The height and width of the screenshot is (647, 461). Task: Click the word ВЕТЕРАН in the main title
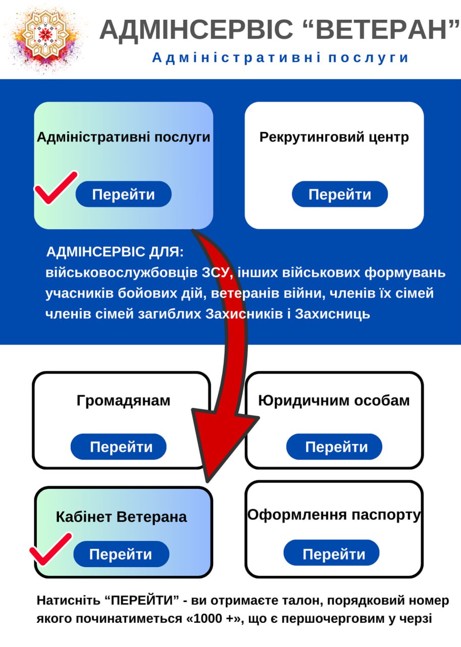click(383, 29)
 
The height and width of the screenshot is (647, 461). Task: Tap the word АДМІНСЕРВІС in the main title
click(196, 29)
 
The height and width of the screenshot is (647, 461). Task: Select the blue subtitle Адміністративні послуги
click(280, 58)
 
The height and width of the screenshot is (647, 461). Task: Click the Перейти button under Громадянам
click(119, 446)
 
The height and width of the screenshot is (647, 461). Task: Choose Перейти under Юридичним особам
click(334, 446)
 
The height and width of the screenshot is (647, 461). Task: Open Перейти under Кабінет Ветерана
click(121, 554)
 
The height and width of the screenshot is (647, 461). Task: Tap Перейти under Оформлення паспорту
click(331, 552)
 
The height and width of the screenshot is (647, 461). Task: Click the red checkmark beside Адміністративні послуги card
click(56, 188)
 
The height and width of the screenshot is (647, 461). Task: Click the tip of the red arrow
click(208, 482)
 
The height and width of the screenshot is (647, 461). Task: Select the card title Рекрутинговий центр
click(334, 137)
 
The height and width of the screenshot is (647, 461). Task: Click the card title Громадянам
click(124, 401)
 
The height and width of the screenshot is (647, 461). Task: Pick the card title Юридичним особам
click(334, 401)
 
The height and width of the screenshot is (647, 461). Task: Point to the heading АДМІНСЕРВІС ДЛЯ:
click(115, 252)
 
